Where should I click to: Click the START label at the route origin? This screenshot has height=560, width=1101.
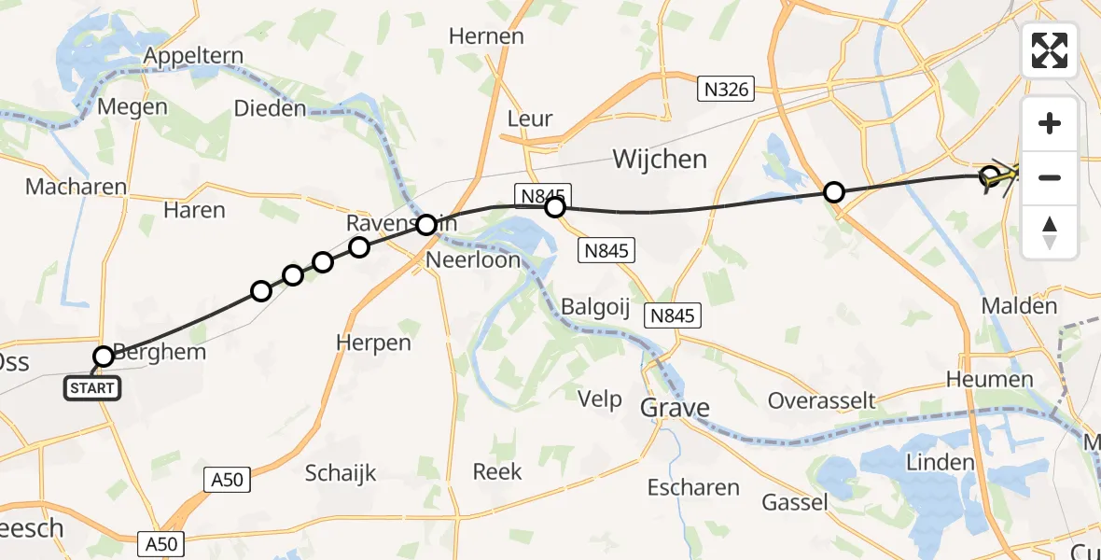point(91,388)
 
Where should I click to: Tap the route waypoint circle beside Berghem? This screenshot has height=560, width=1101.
point(104,357)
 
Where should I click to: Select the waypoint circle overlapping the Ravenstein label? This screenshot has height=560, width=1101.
point(426,225)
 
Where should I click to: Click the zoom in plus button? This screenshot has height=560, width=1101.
point(1050,123)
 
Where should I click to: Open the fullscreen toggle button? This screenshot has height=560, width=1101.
point(1050,50)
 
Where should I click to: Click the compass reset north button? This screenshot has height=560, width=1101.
point(1050,231)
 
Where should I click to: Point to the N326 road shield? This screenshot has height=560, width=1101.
point(726,90)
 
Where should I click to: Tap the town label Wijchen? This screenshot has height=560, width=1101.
point(660,160)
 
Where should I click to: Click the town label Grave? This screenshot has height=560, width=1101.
point(675,408)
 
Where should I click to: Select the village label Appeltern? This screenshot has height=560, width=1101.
point(192,56)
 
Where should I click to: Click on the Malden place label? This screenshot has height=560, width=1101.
point(1019,306)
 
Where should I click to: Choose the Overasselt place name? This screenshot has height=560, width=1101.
point(821,400)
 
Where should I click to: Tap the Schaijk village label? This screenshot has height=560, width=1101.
point(341,473)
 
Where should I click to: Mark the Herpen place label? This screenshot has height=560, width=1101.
point(373,343)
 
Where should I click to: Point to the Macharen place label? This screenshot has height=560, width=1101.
point(76,187)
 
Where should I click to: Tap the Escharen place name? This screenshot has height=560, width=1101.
point(693,487)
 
